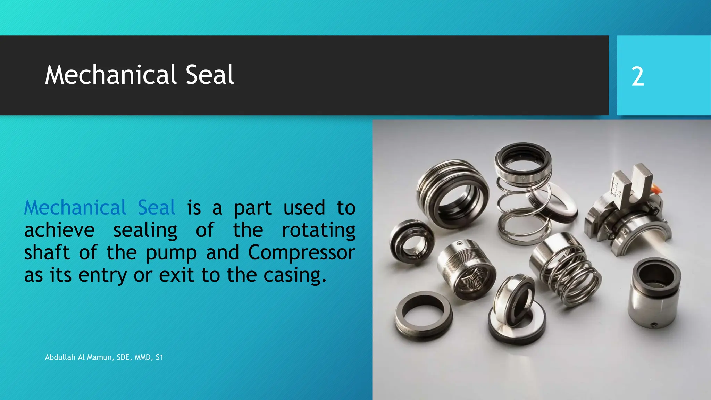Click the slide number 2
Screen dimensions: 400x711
(x=637, y=76)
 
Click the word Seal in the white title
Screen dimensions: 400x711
(x=210, y=75)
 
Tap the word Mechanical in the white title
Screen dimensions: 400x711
(x=111, y=75)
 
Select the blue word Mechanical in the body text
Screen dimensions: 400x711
(x=75, y=208)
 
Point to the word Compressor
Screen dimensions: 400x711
(x=301, y=252)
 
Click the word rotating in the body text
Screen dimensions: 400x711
(x=318, y=231)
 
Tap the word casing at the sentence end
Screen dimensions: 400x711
(x=294, y=275)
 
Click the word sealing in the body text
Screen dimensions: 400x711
(x=145, y=231)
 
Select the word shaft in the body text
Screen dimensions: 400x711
(x=47, y=252)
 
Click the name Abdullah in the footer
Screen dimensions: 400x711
(x=60, y=357)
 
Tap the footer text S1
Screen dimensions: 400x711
(x=159, y=357)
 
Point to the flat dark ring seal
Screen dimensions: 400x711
(x=424, y=314)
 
